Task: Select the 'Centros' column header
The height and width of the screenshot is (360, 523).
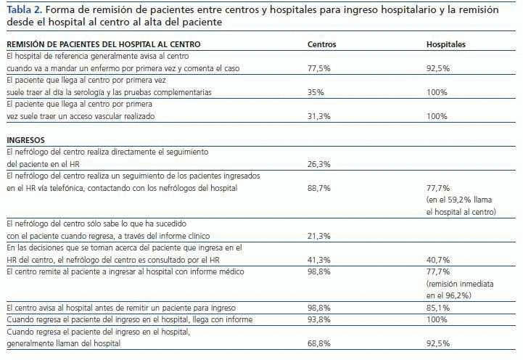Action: [x=322, y=45]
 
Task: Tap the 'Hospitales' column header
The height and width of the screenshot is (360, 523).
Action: [x=445, y=45]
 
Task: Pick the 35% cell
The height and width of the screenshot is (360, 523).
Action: [x=315, y=93]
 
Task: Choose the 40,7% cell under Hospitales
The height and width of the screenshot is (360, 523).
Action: [x=437, y=260]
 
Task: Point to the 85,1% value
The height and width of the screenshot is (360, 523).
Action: [x=437, y=308]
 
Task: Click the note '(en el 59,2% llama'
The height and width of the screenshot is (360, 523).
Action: [x=458, y=200]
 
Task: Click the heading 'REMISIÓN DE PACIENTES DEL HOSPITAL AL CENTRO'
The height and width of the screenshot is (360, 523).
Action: [x=103, y=45]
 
